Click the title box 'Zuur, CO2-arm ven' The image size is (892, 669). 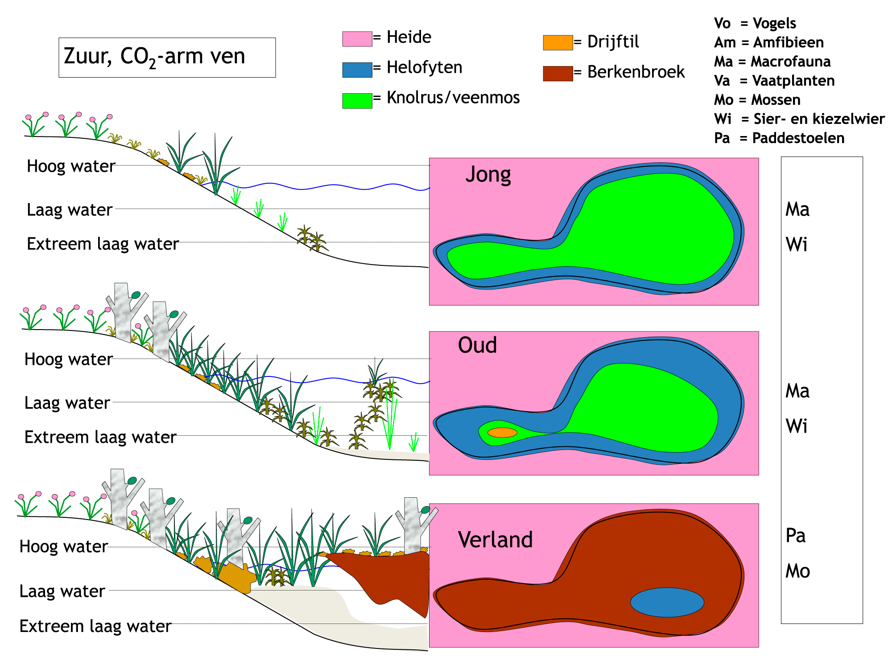click(167, 58)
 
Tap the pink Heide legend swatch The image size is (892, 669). click(357, 39)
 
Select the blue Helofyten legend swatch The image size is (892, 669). click(357, 70)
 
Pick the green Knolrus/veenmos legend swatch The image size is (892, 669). click(357, 101)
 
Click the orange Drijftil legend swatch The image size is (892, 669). click(558, 42)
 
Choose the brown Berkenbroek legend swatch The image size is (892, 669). click(558, 74)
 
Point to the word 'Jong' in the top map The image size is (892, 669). click(488, 175)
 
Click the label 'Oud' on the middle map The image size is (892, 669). click(477, 345)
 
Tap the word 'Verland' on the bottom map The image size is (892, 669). click(496, 540)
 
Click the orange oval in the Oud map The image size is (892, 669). click(502, 432)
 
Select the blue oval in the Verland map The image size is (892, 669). click(667, 602)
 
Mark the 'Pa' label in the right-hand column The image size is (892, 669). click(796, 536)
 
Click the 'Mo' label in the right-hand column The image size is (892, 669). click(797, 571)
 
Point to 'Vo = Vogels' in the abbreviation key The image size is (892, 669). click(755, 23)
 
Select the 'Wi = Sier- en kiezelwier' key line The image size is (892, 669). click(799, 119)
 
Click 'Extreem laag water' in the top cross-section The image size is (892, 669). click(103, 244)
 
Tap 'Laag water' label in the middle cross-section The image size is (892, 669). click(67, 403)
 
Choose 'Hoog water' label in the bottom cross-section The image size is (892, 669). click(64, 547)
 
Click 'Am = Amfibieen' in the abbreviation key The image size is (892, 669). click(769, 42)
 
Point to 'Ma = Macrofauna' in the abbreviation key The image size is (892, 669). click(772, 62)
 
